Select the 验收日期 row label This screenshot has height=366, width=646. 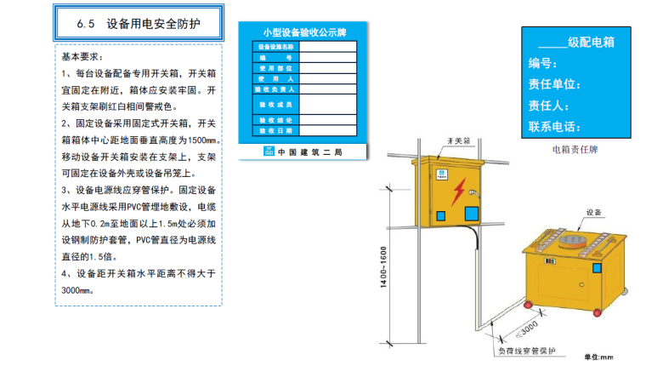pos(275,131)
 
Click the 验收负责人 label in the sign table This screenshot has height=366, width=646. pos(275,89)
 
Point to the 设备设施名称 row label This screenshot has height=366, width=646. pos(275,46)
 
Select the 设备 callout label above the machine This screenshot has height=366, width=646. pos(594,212)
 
